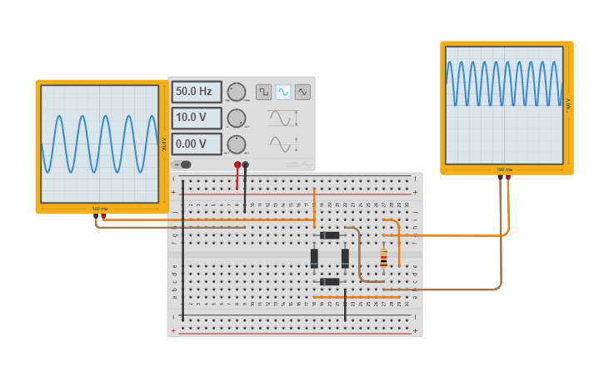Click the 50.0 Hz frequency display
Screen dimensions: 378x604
pos(197,92)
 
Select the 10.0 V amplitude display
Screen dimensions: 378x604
pos(197,118)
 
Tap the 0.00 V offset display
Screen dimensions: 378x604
pos(197,144)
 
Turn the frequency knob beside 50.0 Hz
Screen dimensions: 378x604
pos(237,92)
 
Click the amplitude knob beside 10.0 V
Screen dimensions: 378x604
pos(237,118)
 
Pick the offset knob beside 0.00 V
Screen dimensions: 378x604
pos(237,144)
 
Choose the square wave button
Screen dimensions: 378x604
pos(263,92)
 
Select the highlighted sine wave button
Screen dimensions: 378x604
pos(283,92)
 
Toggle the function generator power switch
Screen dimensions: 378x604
pos(185,164)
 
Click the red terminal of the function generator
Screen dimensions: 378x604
pos(237,165)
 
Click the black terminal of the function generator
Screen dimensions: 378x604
pos(246,165)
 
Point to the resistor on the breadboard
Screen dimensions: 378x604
pos(383,260)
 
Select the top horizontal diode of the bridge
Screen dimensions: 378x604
pos(331,235)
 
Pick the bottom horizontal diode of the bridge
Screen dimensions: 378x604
pos(330,281)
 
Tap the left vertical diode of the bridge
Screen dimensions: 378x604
pos(314,258)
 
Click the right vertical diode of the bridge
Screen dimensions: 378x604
pos(345,258)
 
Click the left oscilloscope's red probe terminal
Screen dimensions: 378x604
pos(103,216)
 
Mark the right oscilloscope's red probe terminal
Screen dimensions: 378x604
pos(508,177)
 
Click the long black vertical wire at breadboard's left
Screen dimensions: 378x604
pos(183,250)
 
